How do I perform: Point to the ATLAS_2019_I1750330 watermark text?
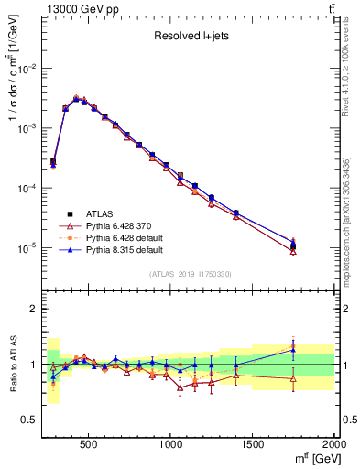point(191,274)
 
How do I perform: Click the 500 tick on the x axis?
point(89,444)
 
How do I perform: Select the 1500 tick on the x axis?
point(253,444)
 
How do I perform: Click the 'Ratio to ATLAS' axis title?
point(11,364)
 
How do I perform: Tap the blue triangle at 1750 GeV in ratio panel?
point(293,349)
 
